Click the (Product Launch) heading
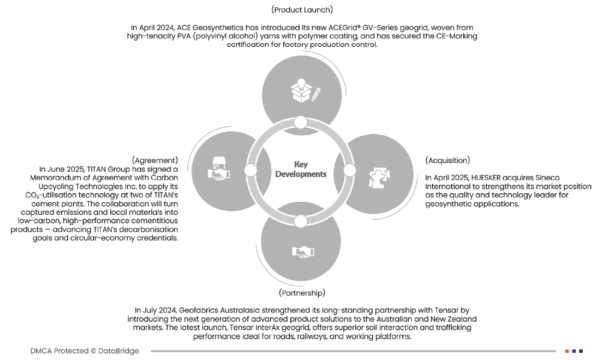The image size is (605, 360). (302, 10)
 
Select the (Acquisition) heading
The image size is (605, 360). (447, 160)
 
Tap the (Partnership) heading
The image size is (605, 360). (302, 292)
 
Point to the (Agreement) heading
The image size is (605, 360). (155, 160)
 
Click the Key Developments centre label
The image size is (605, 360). (301, 169)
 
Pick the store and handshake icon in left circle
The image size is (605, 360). (219, 169)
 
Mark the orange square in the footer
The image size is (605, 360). (567, 350)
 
